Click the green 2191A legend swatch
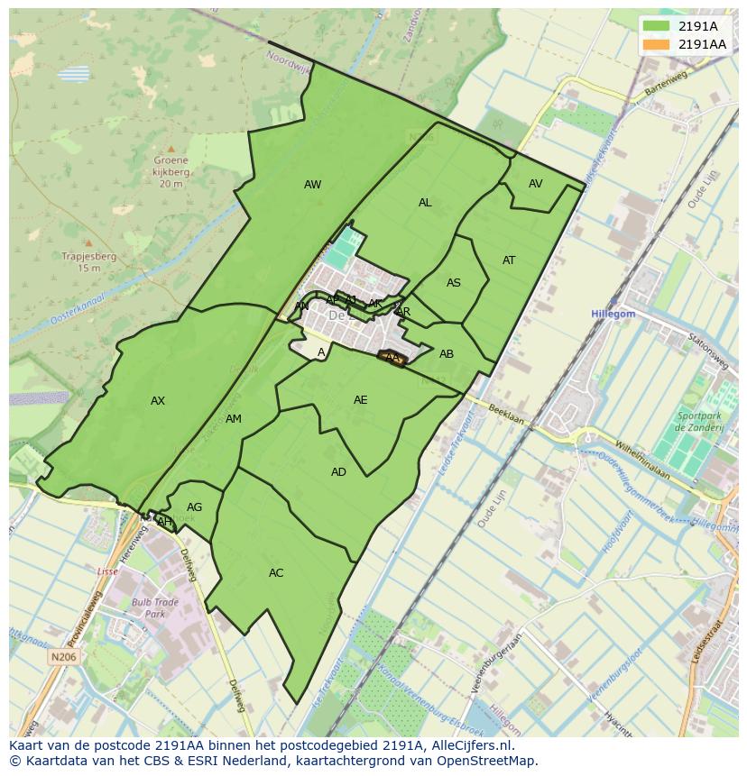click(x=657, y=26)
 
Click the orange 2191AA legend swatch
click(x=657, y=44)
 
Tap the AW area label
click(x=312, y=185)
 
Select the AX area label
click(x=158, y=401)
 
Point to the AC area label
click(x=276, y=573)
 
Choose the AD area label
click(x=338, y=472)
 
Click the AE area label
click(x=361, y=400)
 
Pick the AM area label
click(x=234, y=419)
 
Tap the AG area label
click(x=194, y=507)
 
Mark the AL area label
click(x=425, y=203)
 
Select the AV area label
click(x=536, y=184)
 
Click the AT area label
click(x=509, y=260)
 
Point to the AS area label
click(x=454, y=283)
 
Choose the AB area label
click(x=447, y=354)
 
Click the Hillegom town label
click(x=613, y=314)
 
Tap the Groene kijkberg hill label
click(x=171, y=172)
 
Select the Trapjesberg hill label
click(x=88, y=262)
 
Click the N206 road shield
click(x=63, y=658)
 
